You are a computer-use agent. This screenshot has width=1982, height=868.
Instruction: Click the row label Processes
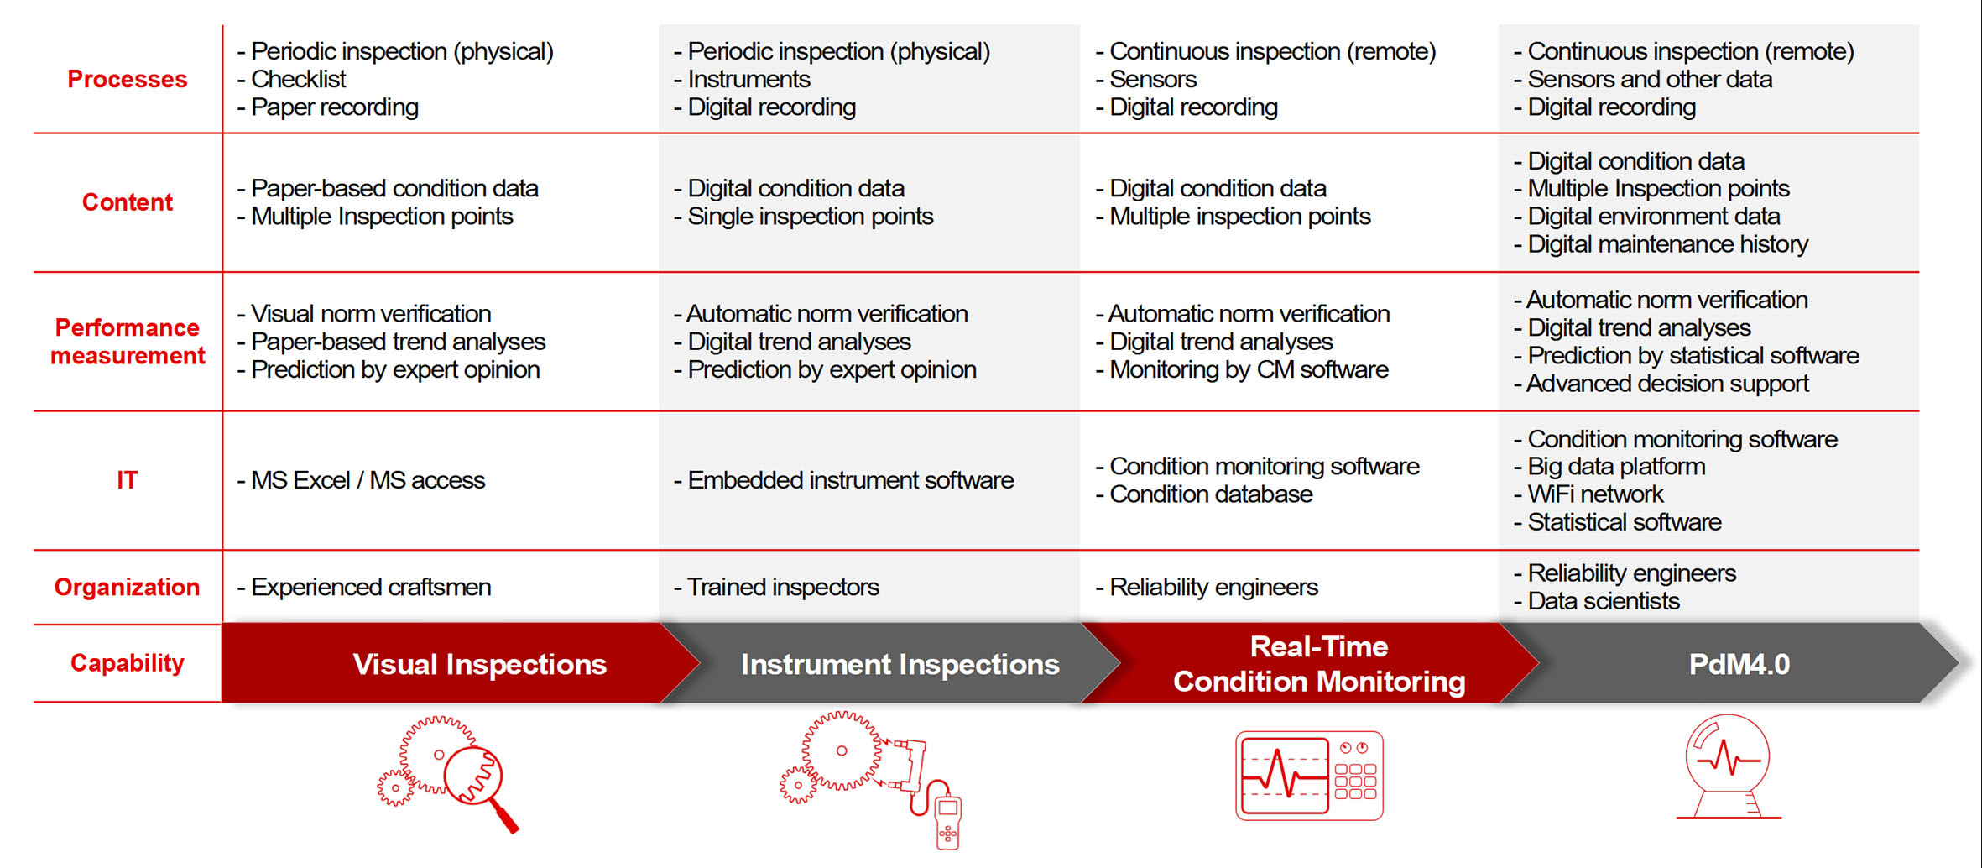pyautogui.click(x=128, y=79)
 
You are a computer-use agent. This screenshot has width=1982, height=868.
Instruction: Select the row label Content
pyautogui.click(x=128, y=202)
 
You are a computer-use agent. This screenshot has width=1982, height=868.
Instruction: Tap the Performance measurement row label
pyautogui.click(x=128, y=342)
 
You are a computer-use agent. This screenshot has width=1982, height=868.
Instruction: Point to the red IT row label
pyautogui.click(x=127, y=480)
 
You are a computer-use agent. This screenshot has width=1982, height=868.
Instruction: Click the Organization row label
pyautogui.click(x=128, y=587)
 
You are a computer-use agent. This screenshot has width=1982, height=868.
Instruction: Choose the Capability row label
pyautogui.click(x=128, y=663)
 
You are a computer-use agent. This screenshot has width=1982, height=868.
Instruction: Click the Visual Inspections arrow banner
pyautogui.click(x=479, y=664)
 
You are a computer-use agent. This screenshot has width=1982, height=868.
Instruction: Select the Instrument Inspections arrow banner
pyautogui.click(x=900, y=664)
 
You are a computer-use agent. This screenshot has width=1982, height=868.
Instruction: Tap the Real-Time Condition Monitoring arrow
pyautogui.click(x=1318, y=664)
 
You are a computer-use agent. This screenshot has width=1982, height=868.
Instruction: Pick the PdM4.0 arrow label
pyautogui.click(x=1739, y=664)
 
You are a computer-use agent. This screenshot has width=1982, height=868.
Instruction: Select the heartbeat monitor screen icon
pyautogui.click(x=1309, y=776)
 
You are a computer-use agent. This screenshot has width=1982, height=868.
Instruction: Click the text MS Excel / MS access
pyautogui.click(x=368, y=480)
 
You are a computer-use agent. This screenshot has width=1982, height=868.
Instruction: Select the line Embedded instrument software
pyautogui.click(x=850, y=480)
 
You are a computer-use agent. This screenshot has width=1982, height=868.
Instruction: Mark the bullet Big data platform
pyautogui.click(x=1615, y=467)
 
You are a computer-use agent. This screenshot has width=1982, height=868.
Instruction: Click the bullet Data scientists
pyautogui.click(x=1603, y=601)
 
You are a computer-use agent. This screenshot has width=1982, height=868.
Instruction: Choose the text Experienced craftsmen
pyautogui.click(x=370, y=587)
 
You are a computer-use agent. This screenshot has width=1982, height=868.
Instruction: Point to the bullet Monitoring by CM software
pyautogui.click(x=1248, y=369)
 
